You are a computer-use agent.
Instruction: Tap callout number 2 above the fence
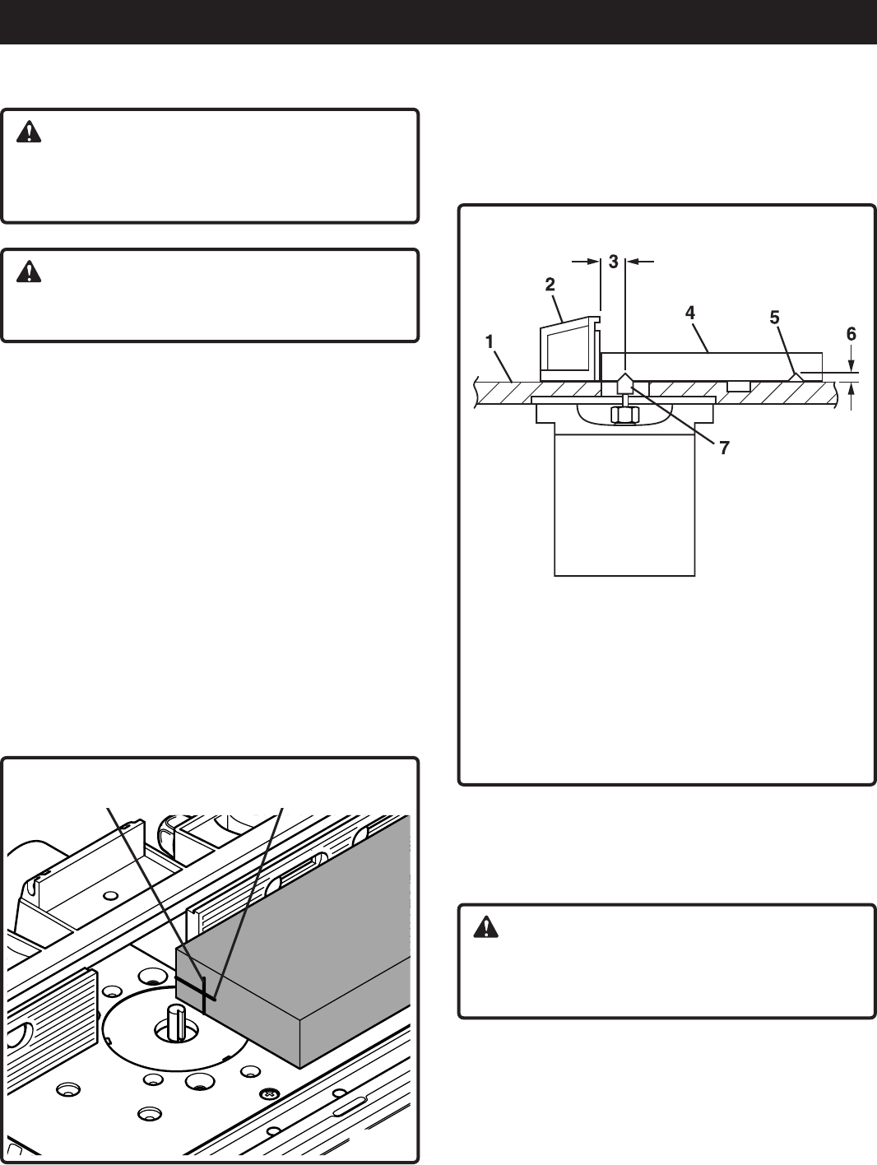point(550,285)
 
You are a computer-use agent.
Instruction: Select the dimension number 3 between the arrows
point(614,262)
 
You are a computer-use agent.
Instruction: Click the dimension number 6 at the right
point(851,333)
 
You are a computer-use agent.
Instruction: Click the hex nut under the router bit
point(625,415)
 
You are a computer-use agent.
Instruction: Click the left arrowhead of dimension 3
point(596,262)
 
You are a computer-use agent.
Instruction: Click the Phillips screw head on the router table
point(267,1094)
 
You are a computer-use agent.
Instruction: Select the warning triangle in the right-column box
point(487,928)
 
